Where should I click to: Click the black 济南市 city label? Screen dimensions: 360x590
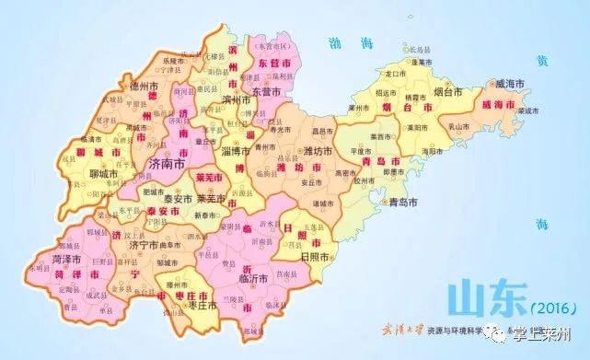click(167, 163)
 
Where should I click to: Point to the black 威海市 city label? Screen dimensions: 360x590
click(511, 83)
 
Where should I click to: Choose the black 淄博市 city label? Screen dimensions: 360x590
click(236, 150)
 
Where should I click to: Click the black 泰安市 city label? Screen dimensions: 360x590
click(177, 198)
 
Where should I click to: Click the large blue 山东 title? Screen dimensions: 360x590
click(478, 298)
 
